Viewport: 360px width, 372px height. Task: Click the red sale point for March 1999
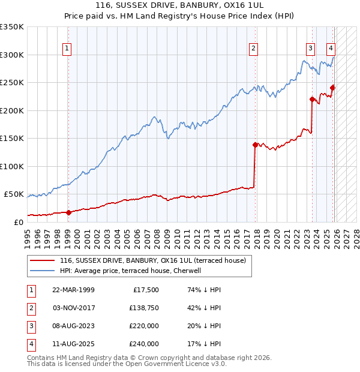point(68,212)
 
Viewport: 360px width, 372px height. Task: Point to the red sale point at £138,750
point(255,145)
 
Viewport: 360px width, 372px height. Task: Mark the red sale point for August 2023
point(312,99)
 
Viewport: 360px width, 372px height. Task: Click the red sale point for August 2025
point(332,88)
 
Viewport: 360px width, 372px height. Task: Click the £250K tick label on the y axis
point(12,83)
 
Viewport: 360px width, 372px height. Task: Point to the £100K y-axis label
point(12,166)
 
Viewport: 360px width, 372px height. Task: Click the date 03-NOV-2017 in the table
point(73,308)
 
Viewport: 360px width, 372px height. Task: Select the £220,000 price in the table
point(144,326)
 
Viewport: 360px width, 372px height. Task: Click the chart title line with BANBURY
point(179,5)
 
